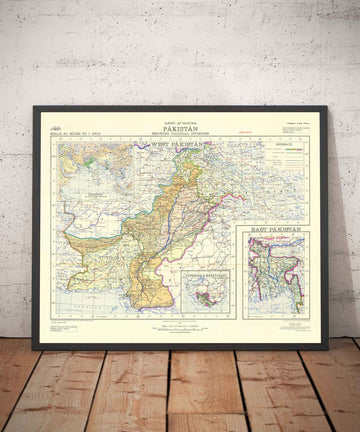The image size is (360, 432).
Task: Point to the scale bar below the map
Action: (180, 326)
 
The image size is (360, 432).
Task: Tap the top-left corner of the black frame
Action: (35, 107)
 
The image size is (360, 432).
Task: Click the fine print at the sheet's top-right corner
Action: (300, 120)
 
